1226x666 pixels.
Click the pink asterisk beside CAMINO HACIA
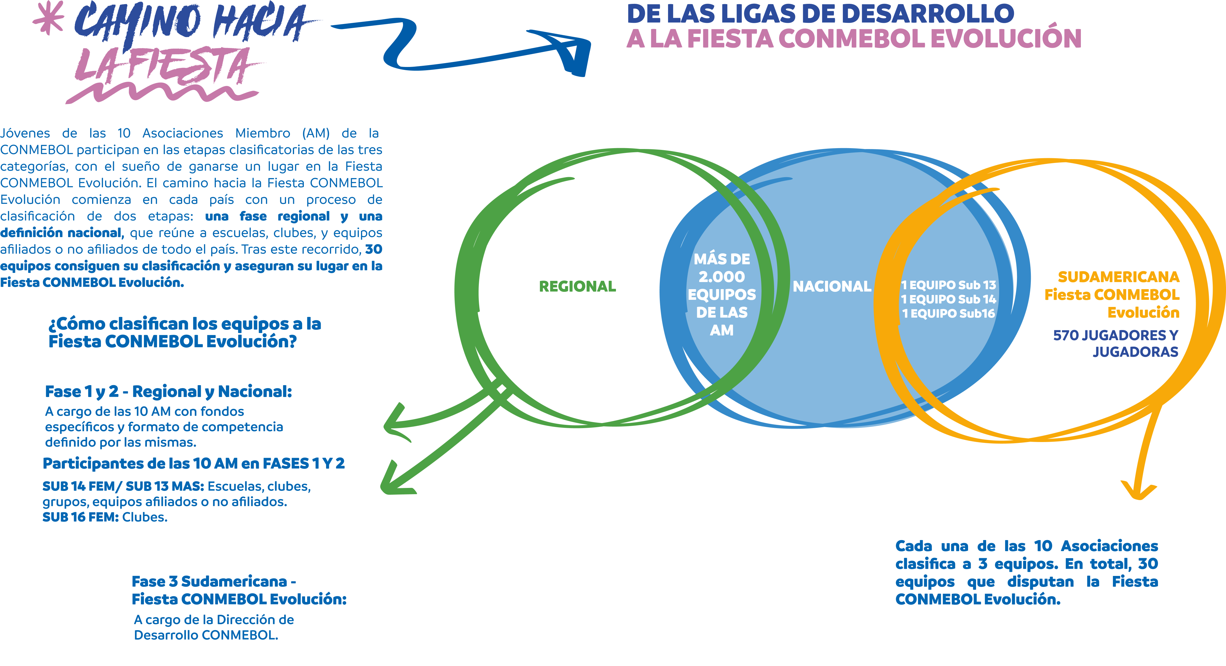coord(48,17)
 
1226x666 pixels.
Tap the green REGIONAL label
coord(577,286)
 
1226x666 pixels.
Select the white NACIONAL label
coord(832,286)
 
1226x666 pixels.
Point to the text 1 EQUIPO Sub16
coord(949,313)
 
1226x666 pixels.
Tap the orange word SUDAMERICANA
coord(1119,277)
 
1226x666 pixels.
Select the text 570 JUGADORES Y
coord(1116,335)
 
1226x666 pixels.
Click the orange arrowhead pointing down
coord(1138,490)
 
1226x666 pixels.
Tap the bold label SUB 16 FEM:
coord(81,517)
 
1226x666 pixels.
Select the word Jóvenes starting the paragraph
coord(25,133)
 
